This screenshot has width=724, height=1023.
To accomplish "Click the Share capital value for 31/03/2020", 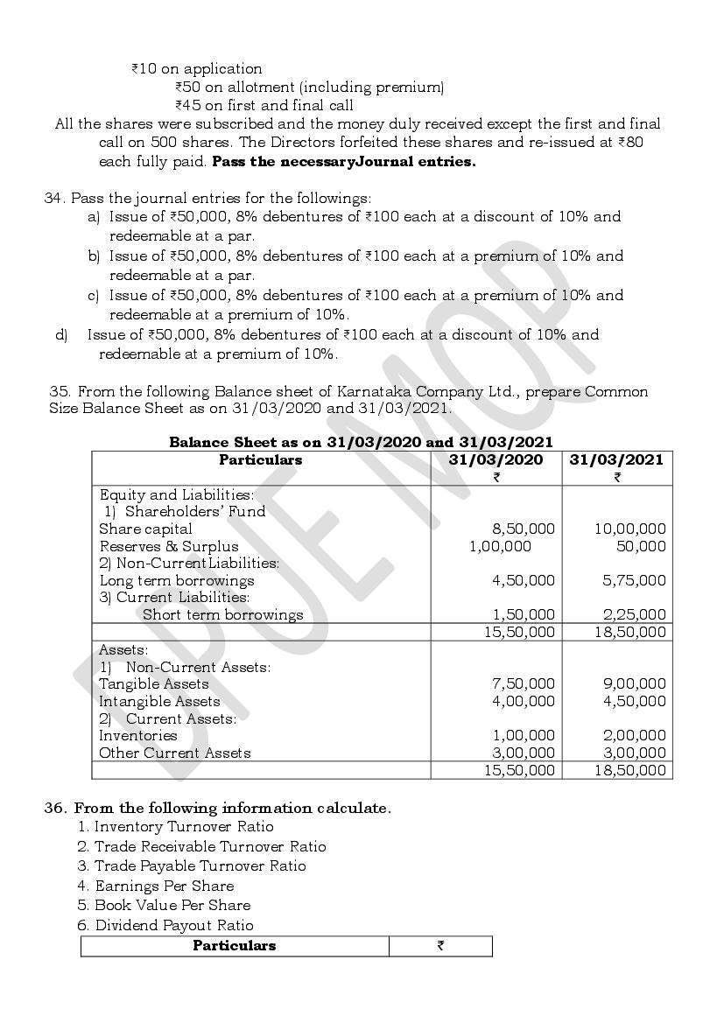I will click(523, 529).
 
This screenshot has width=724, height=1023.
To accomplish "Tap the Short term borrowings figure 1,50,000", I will click(523, 614).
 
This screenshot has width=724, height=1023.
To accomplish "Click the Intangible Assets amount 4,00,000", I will click(523, 701).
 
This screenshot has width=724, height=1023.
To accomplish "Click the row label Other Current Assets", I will click(174, 753).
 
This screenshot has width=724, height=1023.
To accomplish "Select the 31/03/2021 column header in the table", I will click(616, 460).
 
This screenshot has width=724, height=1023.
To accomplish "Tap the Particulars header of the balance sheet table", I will click(260, 460).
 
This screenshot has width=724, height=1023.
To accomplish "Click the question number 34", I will click(54, 198).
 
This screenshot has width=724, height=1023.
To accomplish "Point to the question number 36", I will click(54, 808).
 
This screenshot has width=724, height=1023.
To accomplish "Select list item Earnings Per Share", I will click(164, 886).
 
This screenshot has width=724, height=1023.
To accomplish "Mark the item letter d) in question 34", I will click(61, 334).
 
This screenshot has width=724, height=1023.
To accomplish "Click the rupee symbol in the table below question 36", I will click(440, 946).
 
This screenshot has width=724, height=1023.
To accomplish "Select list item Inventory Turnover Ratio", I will click(184, 827).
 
